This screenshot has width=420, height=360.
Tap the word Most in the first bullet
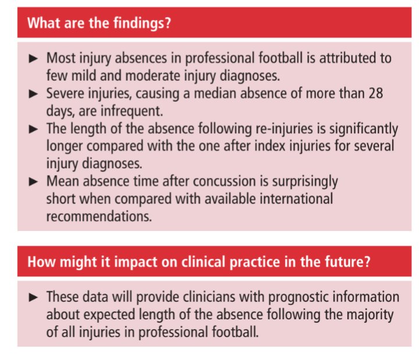pyautogui.click(x=60, y=59)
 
